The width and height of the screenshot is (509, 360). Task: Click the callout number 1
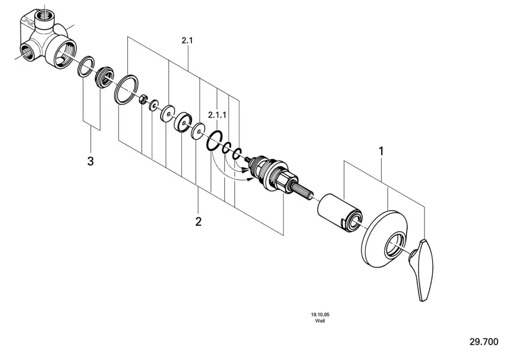(x=381, y=151)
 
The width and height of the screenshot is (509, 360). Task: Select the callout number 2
(x=199, y=221)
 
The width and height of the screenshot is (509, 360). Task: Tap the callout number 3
(x=91, y=161)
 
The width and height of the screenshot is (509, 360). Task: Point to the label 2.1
(x=187, y=41)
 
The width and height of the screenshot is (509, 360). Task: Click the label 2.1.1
(x=217, y=115)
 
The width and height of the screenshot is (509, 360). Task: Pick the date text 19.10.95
(x=320, y=314)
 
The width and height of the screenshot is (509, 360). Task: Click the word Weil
(x=320, y=321)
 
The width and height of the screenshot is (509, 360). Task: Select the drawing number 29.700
(x=484, y=342)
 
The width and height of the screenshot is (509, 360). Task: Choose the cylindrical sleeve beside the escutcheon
(x=339, y=213)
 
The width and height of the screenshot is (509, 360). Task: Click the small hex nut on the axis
(x=143, y=99)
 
